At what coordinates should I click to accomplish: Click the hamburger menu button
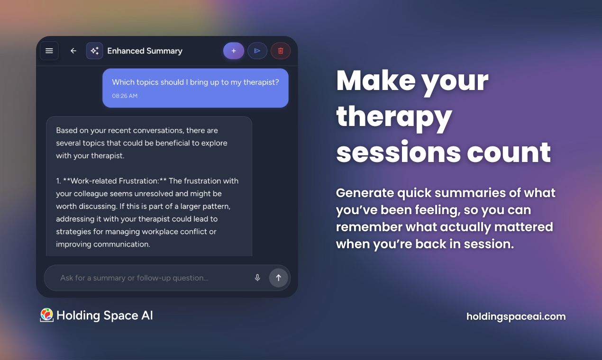(49, 51)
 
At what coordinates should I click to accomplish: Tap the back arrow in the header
(73, 51)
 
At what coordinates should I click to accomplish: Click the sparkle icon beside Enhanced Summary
(94, 51)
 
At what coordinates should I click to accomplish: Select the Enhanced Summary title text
(145, 51)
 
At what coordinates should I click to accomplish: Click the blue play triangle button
(257, 51)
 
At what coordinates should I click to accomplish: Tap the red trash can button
(281, 51)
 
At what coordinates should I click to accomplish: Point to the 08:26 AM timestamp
(125, 96)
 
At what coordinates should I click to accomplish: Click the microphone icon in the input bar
(257, 278)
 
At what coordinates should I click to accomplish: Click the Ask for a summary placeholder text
(134, 278)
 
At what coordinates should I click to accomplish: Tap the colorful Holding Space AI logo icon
(46, 315)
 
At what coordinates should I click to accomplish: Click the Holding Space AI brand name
(105, 315)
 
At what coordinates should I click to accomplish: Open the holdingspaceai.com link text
(516, 316)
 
